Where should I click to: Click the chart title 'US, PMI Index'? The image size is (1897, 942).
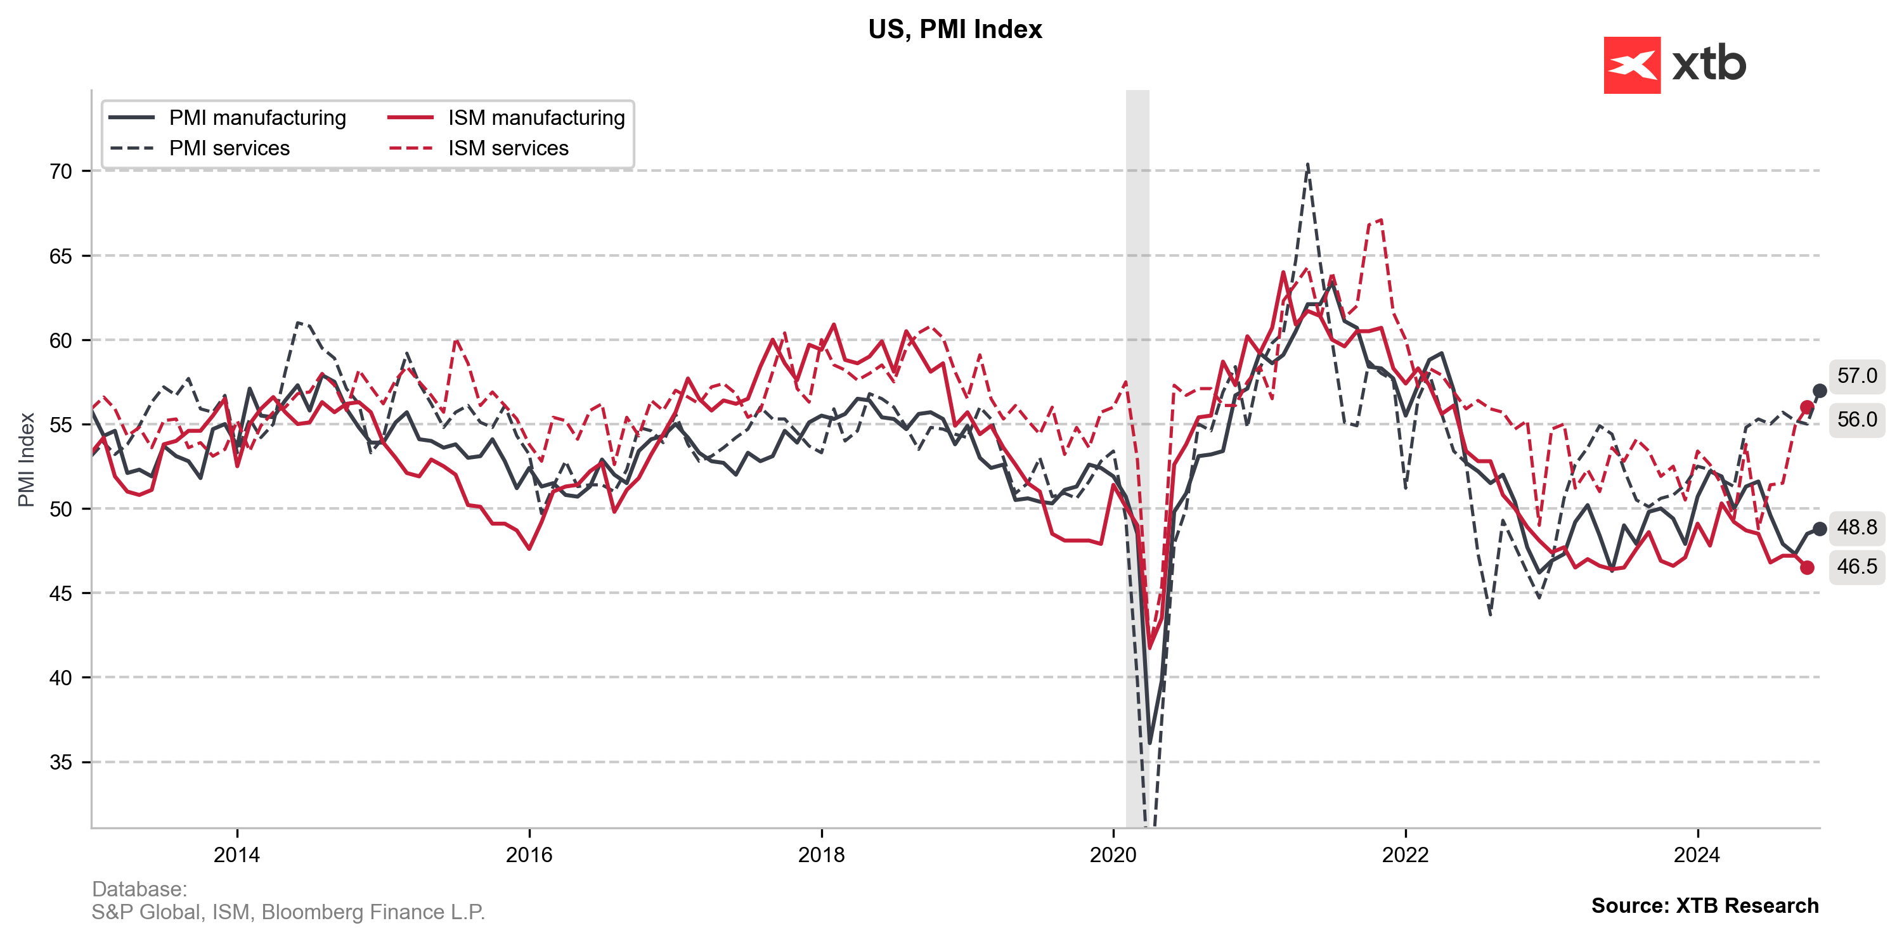954,29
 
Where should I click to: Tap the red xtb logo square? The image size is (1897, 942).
1631,65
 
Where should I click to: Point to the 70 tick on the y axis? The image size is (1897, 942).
61,172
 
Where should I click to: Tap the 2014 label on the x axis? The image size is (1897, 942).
236,855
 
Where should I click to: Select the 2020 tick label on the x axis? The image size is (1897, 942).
1113,855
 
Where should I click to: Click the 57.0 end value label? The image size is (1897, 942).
1856,376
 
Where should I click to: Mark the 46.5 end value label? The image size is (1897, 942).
1856,566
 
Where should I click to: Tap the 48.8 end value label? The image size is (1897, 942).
1856,527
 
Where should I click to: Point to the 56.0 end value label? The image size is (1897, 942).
1856,419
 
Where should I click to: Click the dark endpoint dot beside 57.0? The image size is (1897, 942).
1819,391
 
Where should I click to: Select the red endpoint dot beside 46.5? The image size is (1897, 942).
1807,568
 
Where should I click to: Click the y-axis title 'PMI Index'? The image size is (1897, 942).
27,460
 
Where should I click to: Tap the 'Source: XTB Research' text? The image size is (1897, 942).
1704,905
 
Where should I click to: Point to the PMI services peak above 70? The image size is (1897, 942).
1307,164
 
